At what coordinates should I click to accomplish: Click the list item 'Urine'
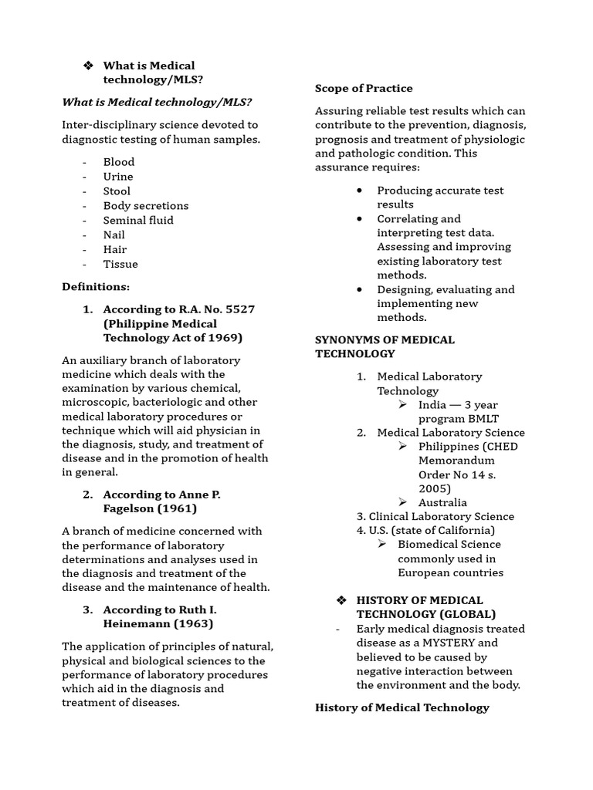click(x=118, y=177)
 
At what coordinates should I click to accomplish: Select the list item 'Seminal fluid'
click(x=138, y=221)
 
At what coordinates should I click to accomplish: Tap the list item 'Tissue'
click(x=120, y=265)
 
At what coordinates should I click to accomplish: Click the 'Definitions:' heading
click(x=96, y=287)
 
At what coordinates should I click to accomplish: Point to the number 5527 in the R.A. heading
click(x=237, y=309)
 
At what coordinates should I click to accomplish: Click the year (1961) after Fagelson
click(x=178, y=508)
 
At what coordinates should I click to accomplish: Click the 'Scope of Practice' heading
click(x=364, y=89)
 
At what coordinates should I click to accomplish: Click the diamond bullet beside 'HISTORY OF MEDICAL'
click(x=342, y=601)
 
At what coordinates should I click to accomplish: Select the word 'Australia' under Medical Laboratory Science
click(x=442, y=503)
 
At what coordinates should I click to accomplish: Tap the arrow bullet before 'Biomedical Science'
click(x=382, y=545)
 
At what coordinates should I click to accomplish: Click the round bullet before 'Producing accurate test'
click(x=360, y=191)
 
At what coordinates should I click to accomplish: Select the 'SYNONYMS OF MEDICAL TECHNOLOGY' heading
click(x=385, y=347)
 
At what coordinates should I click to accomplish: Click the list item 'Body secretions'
click(x=146, y=206)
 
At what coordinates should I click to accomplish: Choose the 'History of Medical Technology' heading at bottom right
click(x=402, y=708)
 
